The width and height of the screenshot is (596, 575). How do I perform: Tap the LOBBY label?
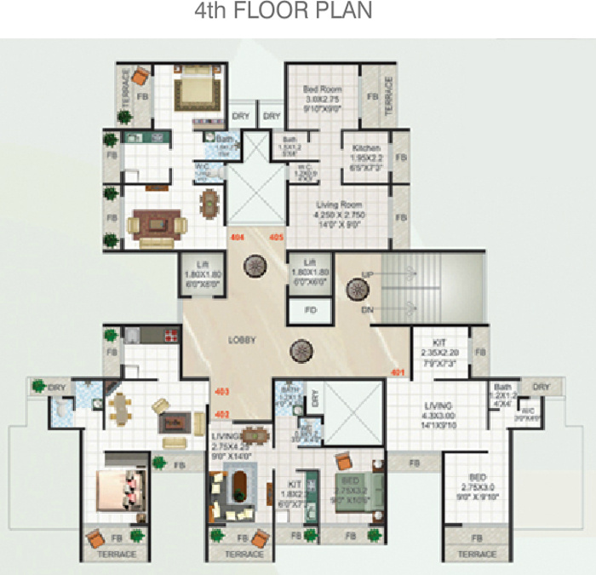[242, 340]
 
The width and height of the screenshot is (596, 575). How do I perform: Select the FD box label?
[310, 310]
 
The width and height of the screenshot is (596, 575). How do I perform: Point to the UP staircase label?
[367, 274]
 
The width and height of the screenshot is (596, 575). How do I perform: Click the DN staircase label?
[367, 309]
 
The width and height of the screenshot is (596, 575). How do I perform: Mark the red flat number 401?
[397, 373]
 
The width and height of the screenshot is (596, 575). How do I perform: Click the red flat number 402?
[222, 414]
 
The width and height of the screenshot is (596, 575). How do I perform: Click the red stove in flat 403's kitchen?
[171, 335]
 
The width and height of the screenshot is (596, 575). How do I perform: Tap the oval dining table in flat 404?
[209, 202]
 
